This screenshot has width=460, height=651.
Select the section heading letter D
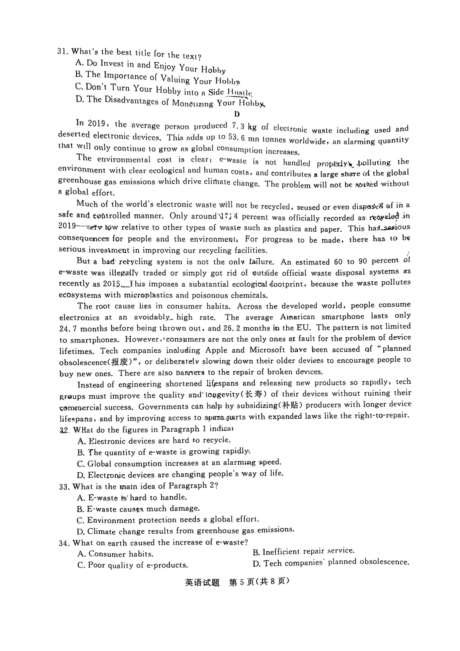(237, 114)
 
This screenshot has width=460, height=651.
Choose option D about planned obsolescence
(331, 563)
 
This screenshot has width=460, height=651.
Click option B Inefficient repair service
(303, 552)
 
